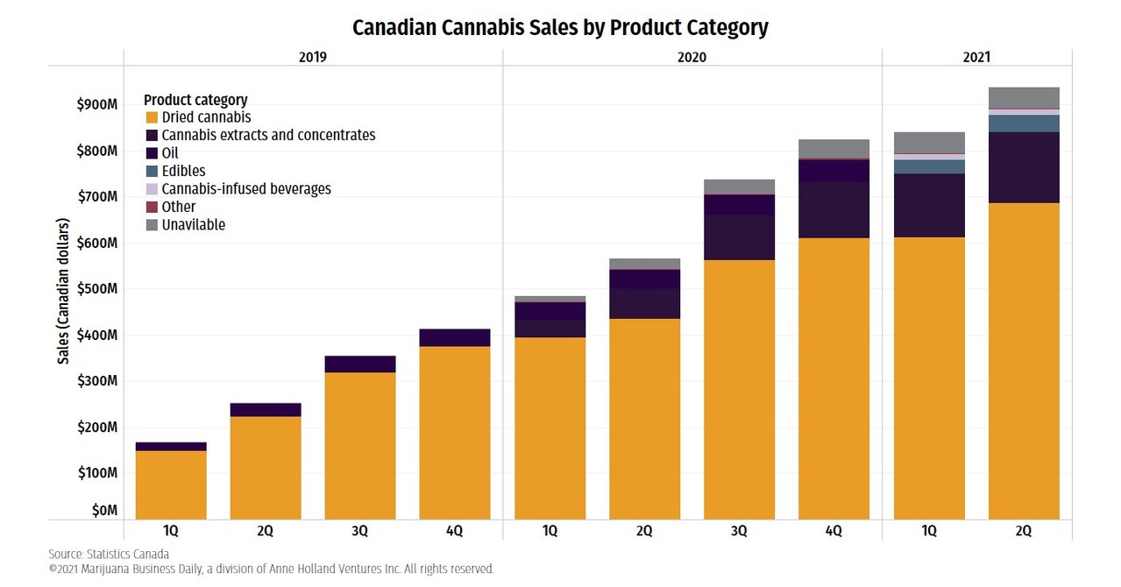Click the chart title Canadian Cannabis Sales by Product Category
point(560,27)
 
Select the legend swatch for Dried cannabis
point(151,117)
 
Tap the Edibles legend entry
point(183,171)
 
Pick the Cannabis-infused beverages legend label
point(246,189)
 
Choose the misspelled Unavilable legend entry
point(193,225)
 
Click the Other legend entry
point(179,207)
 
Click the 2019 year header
point(313,57)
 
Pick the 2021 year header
point(976,57)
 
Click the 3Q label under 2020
point(739,531)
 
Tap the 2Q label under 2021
point(1023,531)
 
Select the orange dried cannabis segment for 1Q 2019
point(171,484)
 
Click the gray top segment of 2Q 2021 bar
point(1023,97)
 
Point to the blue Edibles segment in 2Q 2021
point(1023,124)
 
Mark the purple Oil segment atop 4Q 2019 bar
point(454,337)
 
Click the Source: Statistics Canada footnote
point(109,554)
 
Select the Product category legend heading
point(195,100)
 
